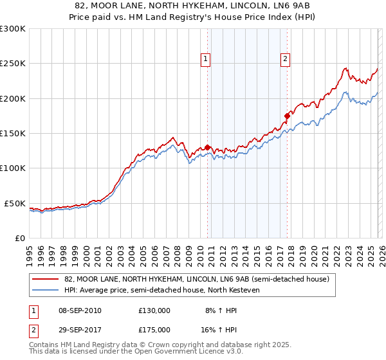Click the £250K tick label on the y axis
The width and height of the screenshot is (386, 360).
(x=13, y=64)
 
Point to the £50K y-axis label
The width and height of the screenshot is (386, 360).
(x=15, y=203)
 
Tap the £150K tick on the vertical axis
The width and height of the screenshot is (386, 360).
(x=13, y=134)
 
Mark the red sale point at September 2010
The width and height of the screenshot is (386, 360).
(x=207, y=147)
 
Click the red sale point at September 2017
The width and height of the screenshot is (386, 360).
(x=287, y=116)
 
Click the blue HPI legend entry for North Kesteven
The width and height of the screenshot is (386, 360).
(x=161, y=291)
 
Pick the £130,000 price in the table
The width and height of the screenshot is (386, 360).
(x=154, y=310)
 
